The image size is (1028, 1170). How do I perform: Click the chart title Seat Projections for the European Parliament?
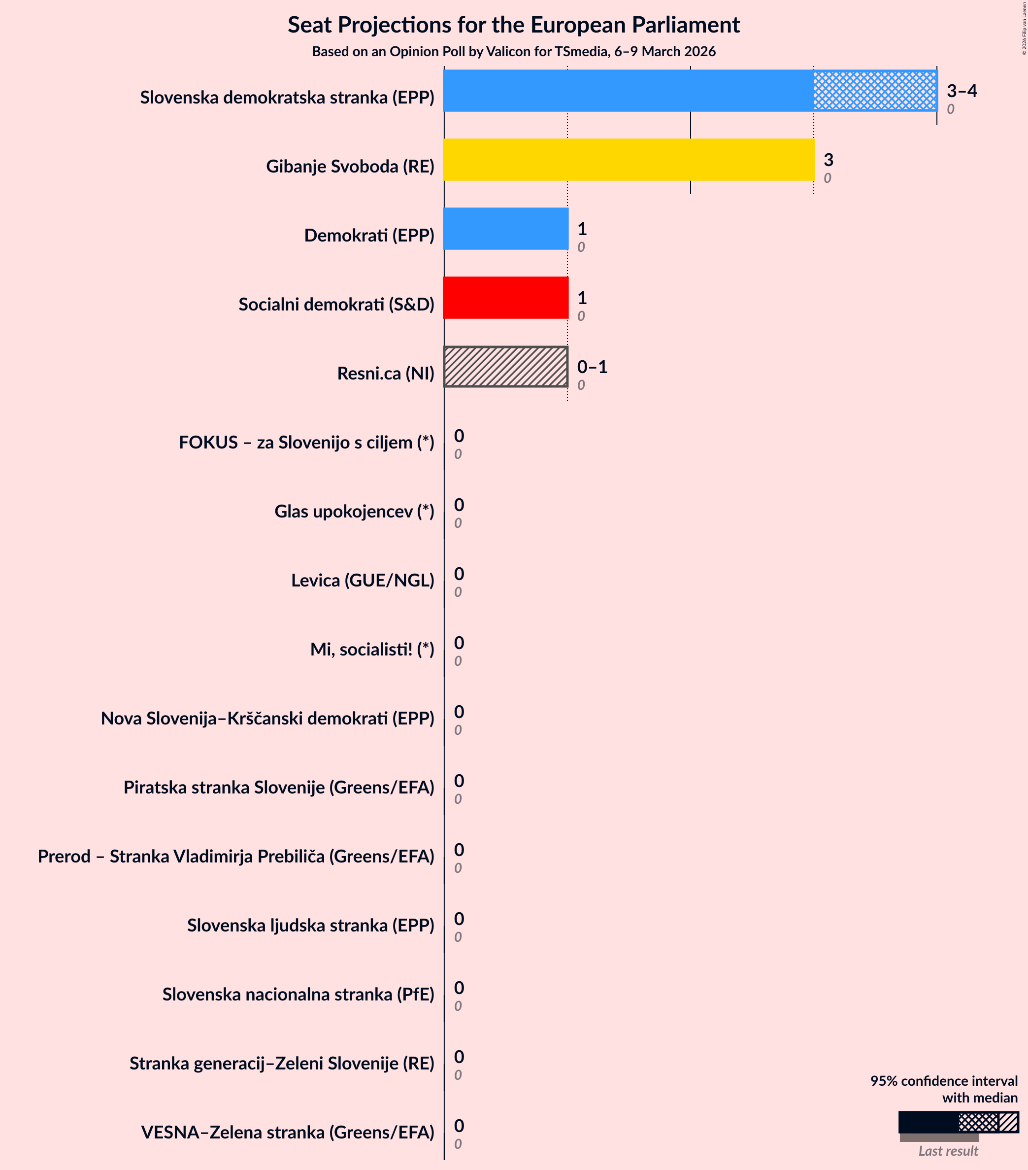coord(513,25)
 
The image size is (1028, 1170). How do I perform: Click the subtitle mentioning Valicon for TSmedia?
coord(513,52)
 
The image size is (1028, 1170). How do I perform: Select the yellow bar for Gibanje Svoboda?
coord(628,160)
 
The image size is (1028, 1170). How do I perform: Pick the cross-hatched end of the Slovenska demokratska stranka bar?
coord(875,91)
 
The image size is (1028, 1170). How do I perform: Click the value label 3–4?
coord(962,91)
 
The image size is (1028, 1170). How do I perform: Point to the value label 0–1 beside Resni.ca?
coord(592,367)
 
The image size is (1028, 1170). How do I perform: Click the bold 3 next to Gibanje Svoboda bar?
coord(828,160)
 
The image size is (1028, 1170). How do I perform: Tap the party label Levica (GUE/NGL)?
coord(363,581)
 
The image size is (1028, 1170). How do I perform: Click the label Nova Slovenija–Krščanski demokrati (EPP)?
coord(267,719)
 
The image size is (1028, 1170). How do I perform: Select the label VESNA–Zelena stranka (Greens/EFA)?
coord(287,1132)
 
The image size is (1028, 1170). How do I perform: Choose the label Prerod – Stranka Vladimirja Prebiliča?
coord(235,857)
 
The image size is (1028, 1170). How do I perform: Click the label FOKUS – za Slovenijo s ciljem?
coord(306,443)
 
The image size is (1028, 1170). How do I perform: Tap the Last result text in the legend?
coord(948,1151)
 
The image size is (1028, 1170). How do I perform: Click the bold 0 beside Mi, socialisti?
coord(459,643)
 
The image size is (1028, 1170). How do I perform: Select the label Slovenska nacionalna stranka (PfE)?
coord(298,994)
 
